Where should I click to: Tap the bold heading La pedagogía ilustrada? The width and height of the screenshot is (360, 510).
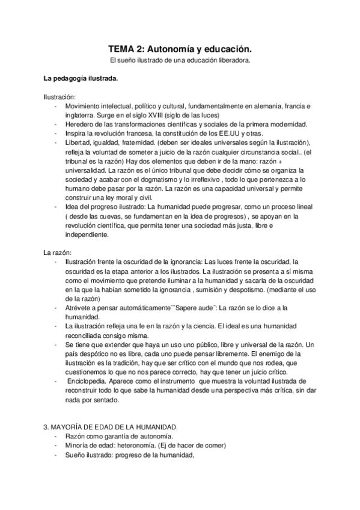coord(81,79)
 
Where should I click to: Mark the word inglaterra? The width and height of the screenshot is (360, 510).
coord(79,115)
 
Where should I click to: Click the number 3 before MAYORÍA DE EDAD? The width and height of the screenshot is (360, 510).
coord(45,427)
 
